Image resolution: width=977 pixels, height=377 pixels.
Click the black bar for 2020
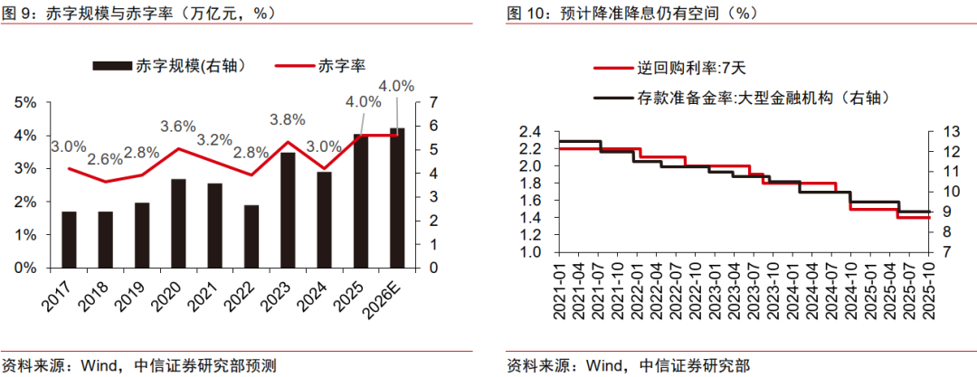click(x=179, y=223)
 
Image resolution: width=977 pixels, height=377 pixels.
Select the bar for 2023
click(x=288, y=210)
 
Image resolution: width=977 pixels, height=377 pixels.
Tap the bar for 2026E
click(x=397, y=198)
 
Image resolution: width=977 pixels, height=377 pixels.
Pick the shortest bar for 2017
click(x=70, y=240)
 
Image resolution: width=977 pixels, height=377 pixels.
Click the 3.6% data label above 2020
click(x=178, y=126)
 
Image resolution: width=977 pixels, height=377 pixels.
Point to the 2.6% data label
click(x=105, y=159)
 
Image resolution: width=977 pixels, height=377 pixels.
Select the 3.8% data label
click(x=287, y=118)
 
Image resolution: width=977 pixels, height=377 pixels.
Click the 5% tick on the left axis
click(x=26, y=102)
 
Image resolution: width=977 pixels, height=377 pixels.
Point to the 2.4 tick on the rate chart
click(x=530, y=132)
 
